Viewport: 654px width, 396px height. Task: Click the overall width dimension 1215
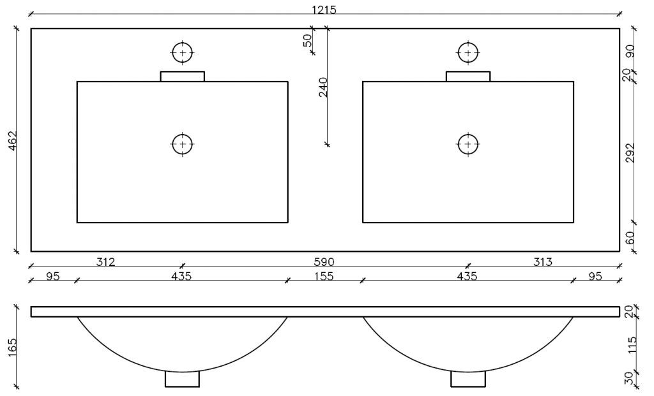324,10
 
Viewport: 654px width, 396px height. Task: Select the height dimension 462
13,140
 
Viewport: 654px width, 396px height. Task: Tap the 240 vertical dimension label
323,87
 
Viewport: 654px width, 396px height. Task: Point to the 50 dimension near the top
307,40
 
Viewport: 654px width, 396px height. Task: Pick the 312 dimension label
105,262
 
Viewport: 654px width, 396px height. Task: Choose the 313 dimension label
543,262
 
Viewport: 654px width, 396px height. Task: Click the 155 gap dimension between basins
324,276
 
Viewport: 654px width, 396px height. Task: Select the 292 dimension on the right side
630,153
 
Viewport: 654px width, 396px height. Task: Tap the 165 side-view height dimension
13,348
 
